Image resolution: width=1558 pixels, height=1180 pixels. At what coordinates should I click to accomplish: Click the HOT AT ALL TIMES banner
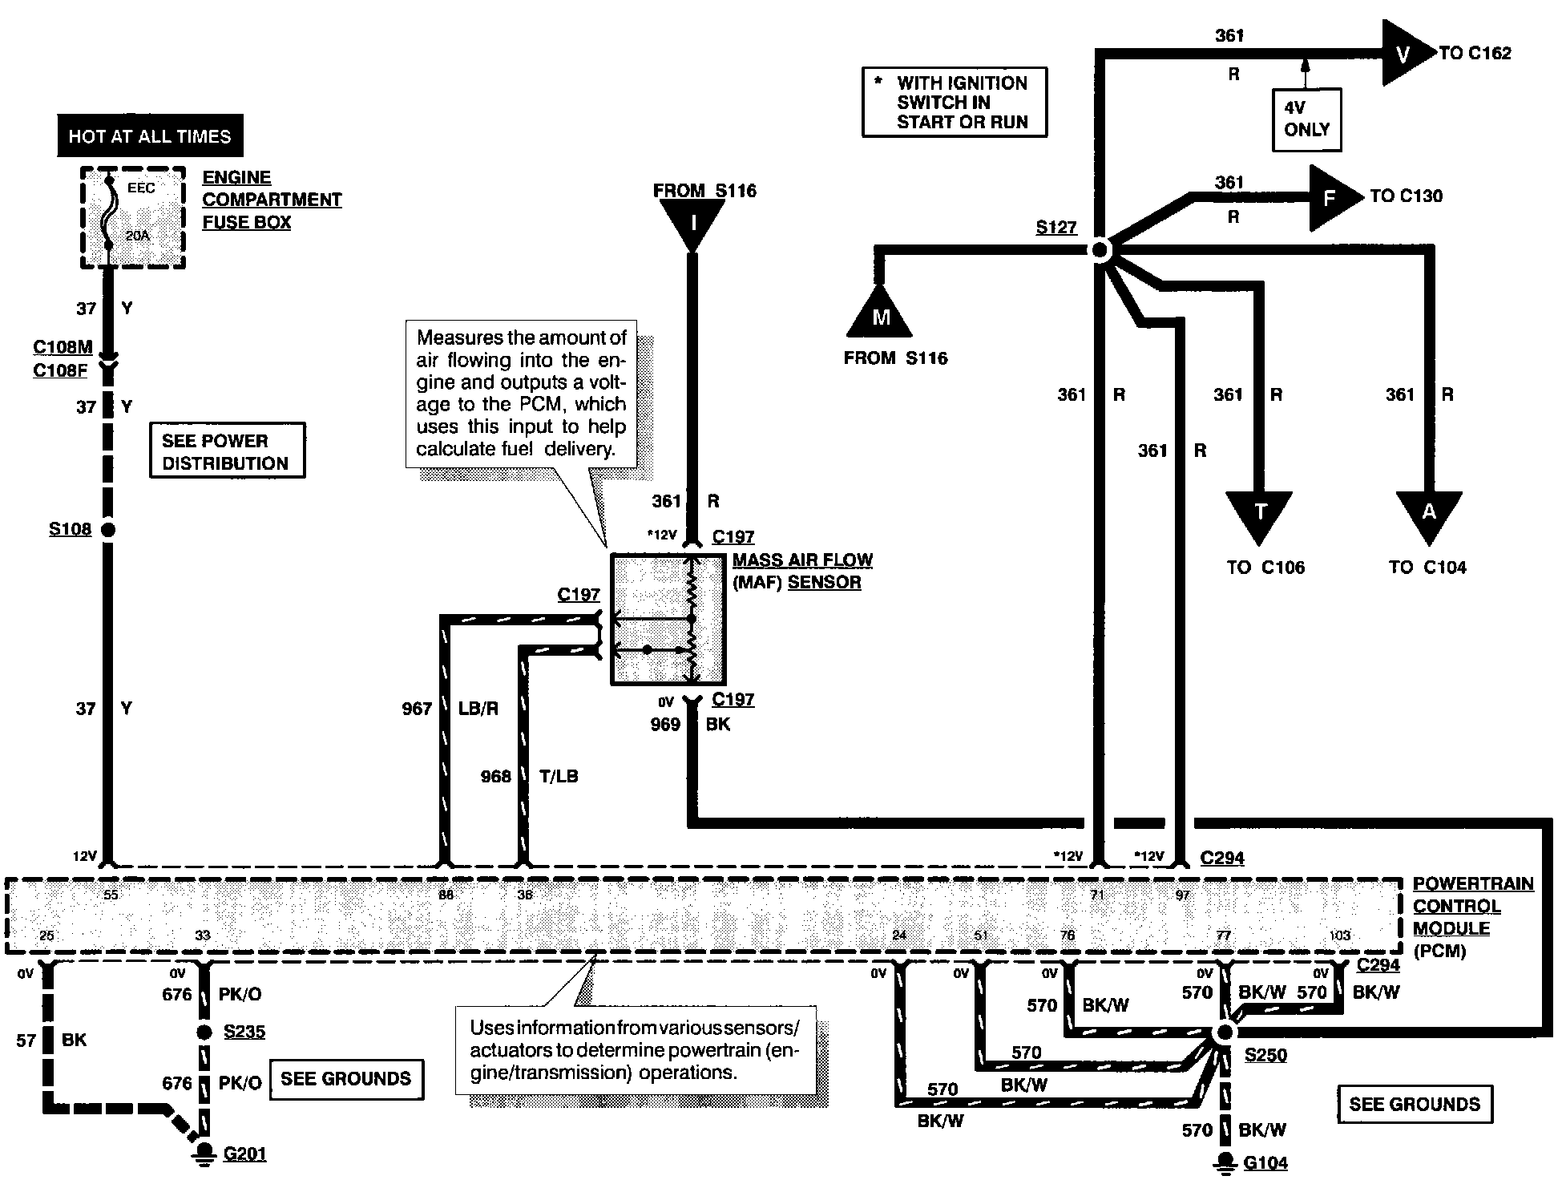point(150,135)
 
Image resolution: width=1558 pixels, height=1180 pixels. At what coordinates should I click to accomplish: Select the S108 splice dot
point(107,529)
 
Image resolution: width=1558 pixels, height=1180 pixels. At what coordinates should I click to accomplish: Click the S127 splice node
point(1100,251)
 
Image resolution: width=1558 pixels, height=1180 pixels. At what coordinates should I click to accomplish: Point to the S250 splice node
point(1224,1033)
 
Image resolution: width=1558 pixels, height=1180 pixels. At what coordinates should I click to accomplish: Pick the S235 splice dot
point(204,1032)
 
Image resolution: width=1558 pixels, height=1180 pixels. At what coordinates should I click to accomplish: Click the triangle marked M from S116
point(881,312)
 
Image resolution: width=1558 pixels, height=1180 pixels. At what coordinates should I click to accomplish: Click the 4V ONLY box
point(1306,119)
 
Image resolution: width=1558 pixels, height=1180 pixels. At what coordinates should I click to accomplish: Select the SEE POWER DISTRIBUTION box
point(228,451)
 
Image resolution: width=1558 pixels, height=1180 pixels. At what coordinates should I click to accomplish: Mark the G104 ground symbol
point(1225,1162)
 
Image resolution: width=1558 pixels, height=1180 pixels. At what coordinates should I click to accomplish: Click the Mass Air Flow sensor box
point(668,619)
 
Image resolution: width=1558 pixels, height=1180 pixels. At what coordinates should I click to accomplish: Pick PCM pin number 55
point(111,895)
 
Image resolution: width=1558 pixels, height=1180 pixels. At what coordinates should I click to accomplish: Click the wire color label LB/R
point(478,709)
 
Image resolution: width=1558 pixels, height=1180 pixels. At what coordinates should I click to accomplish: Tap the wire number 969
point(665,725)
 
